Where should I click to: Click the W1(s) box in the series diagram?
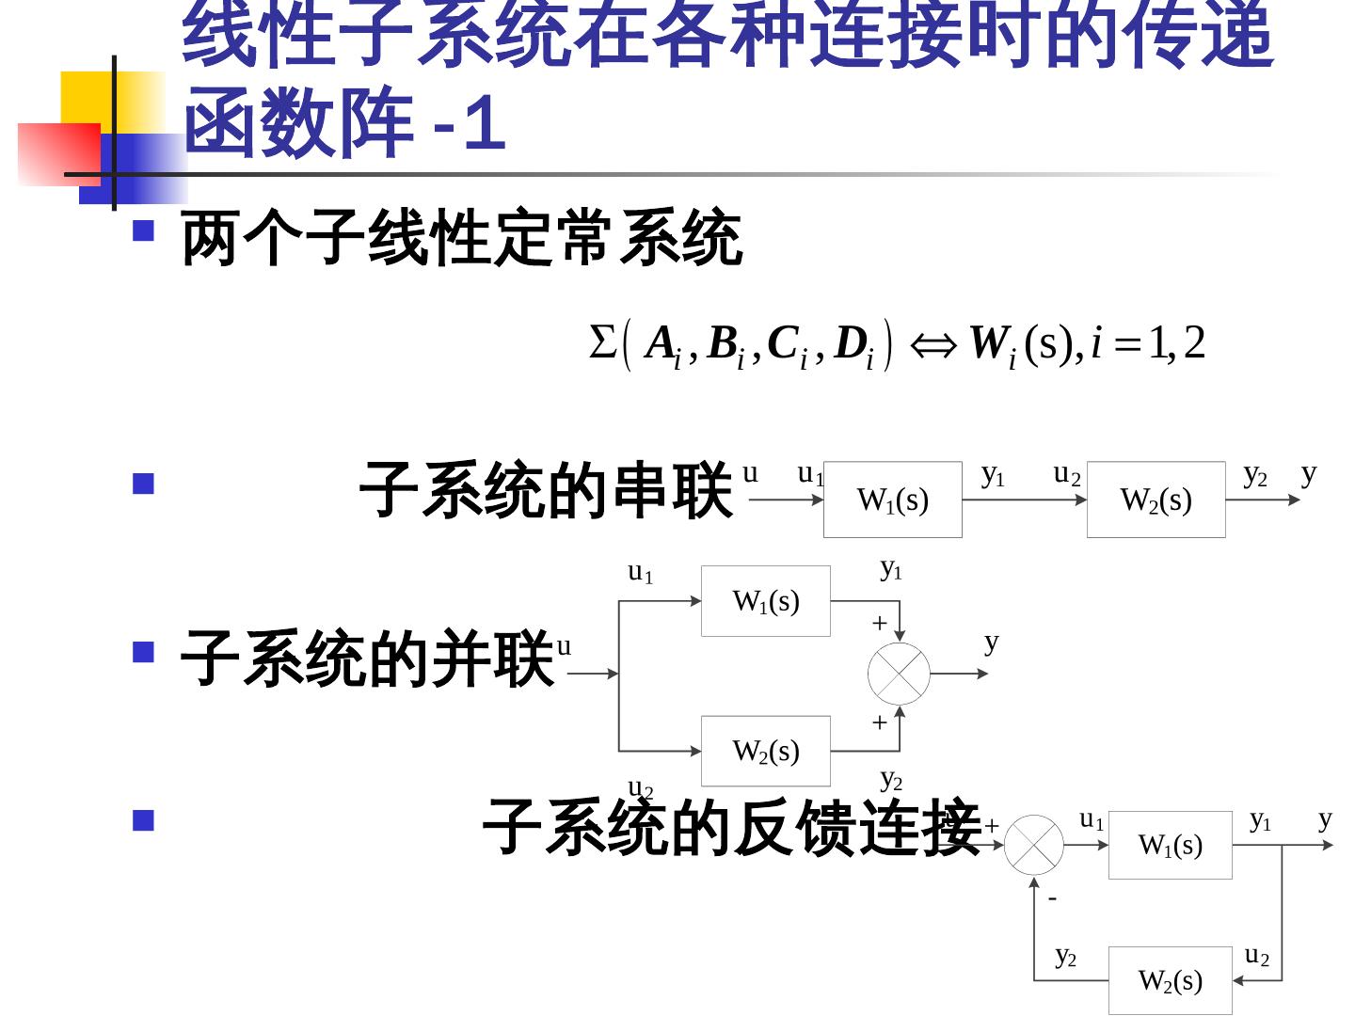coord(892,500)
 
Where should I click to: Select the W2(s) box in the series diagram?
coord(1156,500)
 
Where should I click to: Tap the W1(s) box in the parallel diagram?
coord(765,601)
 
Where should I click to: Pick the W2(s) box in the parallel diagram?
coord(765,751)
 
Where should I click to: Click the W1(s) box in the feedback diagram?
coord(1170,845)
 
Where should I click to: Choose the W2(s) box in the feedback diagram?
coord(1170,980)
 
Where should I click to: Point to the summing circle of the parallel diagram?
coord(899,674)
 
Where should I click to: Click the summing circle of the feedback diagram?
coord(1033,845)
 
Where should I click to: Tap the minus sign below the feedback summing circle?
coord(1053,899)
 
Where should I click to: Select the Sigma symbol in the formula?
coord(601,342)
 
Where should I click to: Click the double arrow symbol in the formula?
coord(933,346)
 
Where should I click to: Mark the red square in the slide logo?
coord(58,153)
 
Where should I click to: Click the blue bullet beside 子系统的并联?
coord(143,653)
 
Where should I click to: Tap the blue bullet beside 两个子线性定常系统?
coord(143,230)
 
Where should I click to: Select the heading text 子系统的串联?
coord(546,490)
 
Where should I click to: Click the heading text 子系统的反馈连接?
coord(732,827)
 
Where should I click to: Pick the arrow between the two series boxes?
coord(1024,500)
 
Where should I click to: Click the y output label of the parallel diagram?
coord(991,643)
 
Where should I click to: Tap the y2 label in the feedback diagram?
coord(1065,957)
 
